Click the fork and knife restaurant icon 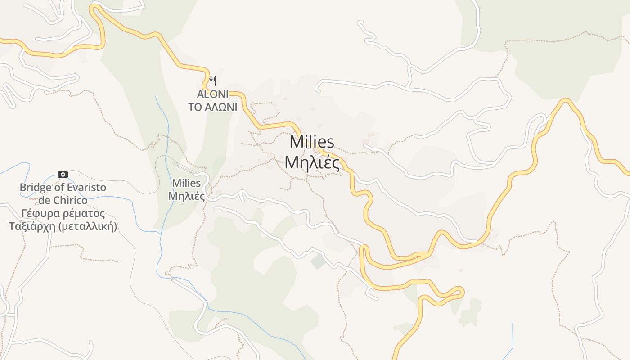point(213,81)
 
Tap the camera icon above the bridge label point(63,174)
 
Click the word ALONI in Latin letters point(212,94)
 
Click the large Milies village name point(312,142)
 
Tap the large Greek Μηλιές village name point(312,162)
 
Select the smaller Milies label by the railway point(186,184)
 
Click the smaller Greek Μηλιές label point(186,197)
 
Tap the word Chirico point(70,200)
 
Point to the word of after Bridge point(58,188)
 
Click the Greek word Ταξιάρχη point(32,226)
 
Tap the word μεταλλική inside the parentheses point(88,226)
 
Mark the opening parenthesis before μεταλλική point(60,226)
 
